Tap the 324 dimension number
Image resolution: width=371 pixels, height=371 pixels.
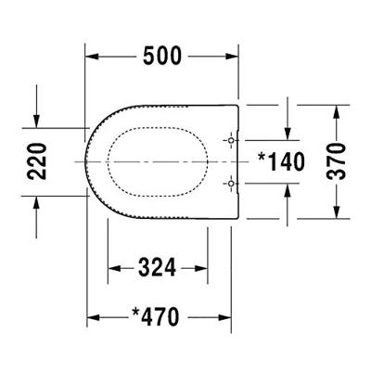pos(158,269)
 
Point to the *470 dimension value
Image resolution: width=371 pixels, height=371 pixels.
pos(159,318)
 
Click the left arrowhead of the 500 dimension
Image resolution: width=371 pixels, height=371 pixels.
pos(94,57)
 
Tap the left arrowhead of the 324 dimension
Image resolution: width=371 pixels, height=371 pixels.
pos(115,269)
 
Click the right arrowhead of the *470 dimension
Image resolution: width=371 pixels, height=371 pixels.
pos(226,318)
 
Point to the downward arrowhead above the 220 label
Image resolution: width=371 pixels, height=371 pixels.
pos(36,119)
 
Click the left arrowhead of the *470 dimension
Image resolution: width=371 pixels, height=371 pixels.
pos(94,318)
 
